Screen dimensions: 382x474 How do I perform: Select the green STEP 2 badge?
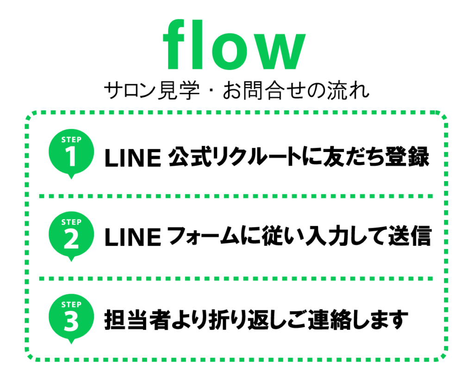[71, 236]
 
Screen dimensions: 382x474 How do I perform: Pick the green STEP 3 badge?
[71, 319]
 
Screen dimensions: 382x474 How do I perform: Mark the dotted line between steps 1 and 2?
[236, 196]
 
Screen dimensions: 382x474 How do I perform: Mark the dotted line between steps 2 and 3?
[236, 279]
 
